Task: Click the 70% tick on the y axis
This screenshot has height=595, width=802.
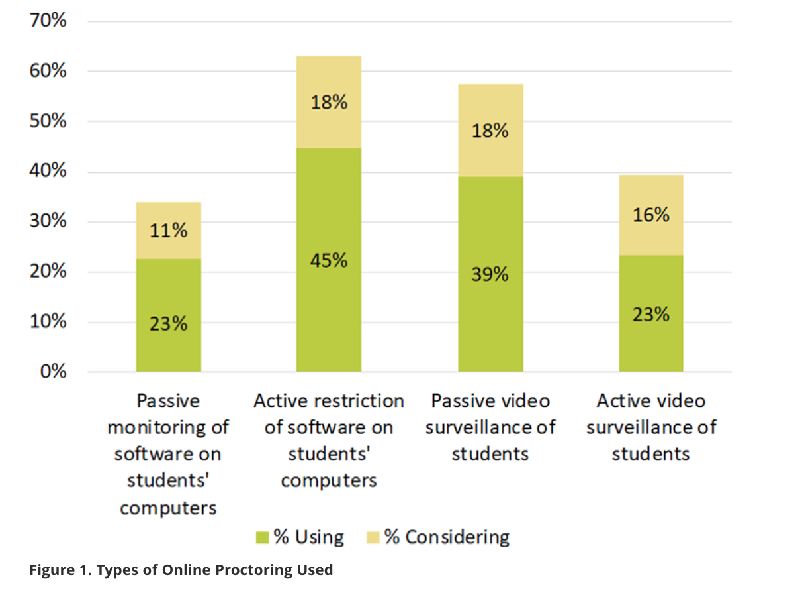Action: (x=48, y=21)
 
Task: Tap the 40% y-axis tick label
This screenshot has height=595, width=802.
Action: (x=48, y=171)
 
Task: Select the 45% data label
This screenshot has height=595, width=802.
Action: (x=329, y=260)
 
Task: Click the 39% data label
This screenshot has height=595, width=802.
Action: (x=490, y=274)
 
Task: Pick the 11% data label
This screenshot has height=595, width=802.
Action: (x=169, y=231)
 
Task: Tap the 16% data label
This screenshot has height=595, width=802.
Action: (x=651, y=215)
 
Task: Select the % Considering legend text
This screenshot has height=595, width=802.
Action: (x=447, y=537)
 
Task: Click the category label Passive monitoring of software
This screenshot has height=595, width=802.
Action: (x=168, y=454)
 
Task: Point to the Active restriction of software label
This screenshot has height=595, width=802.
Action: (x=329, y=441)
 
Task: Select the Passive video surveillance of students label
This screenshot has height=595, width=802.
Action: (x=490, y=427)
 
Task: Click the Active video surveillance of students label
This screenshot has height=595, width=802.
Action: (x=651, y=427)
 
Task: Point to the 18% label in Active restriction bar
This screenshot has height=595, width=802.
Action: (x=329, y=103)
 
